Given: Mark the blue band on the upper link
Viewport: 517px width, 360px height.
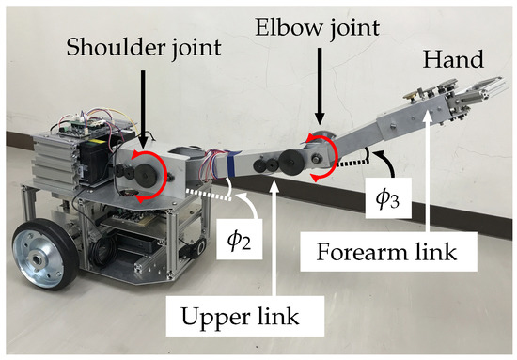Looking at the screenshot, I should tap(226, 165).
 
